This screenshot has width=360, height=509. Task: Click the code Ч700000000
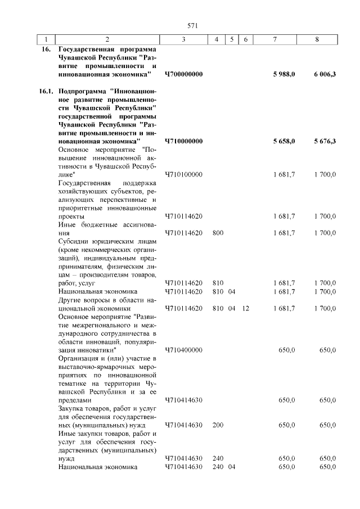coord(183,74)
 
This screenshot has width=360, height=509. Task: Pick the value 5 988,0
coord(284,74)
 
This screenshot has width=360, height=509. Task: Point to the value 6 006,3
coord(325,74)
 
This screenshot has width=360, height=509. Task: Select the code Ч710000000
coord(183,141)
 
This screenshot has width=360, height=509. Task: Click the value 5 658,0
coord(284,141)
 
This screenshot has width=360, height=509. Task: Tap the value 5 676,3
coord(325,141)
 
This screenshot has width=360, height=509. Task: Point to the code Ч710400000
coord(183,350)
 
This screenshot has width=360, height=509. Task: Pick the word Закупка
coord(74,408)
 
